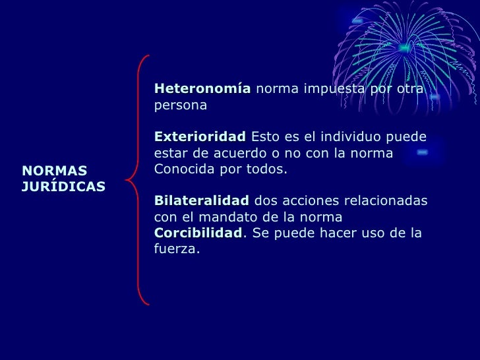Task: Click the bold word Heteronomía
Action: (202, 89)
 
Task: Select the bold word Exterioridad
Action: (199, 137)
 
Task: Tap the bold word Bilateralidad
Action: (201, 200)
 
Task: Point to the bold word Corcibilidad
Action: (198, 233)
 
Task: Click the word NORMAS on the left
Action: (54, 171)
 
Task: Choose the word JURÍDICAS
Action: (63, 187)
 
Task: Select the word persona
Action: (180, 105)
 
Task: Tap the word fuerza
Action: (175, 250)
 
